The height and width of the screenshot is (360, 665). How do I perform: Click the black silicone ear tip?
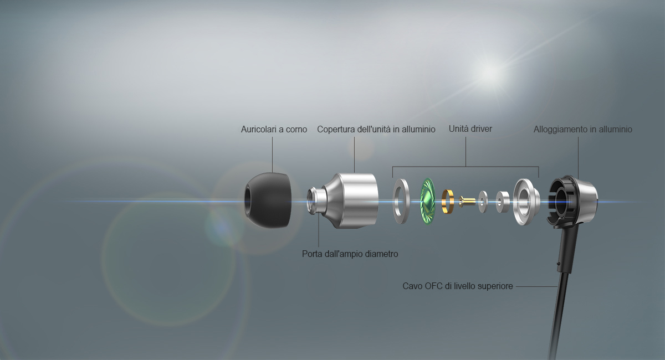click(268, 200)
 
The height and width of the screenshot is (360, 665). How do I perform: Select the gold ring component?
click(448, 202)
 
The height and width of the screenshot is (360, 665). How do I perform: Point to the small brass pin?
click(467, 202)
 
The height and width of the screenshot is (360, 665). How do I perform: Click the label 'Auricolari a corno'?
click(274, 130)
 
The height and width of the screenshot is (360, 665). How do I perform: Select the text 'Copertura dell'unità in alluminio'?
click(376, 130)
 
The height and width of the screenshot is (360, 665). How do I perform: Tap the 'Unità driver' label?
click(470, 129)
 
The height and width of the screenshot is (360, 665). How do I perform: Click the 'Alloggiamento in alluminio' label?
click(583, 130)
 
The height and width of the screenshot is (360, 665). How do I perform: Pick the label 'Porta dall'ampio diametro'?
click(350, 254)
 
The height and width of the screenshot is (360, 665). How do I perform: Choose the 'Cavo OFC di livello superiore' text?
click(458, 286)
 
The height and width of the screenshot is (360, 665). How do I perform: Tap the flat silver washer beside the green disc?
click(401, 201)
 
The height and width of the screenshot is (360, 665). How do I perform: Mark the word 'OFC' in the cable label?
click(433, 286)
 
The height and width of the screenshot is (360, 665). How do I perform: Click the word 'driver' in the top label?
click(481, 129)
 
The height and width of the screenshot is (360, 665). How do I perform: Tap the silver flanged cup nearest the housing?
click(526, 202)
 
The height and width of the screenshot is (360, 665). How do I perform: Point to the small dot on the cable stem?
click(559, 264)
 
